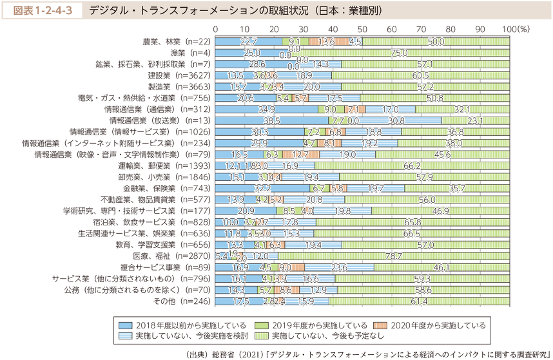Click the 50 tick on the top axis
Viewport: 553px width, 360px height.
click(x=362, y=30)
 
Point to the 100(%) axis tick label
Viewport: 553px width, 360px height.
click(x=515, y=30)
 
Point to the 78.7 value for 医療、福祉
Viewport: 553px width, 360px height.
click(x=394, y=256)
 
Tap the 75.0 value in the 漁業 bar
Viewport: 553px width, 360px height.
click(x=399, y=53)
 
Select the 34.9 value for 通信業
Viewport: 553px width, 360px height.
click(x=266, y=109)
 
